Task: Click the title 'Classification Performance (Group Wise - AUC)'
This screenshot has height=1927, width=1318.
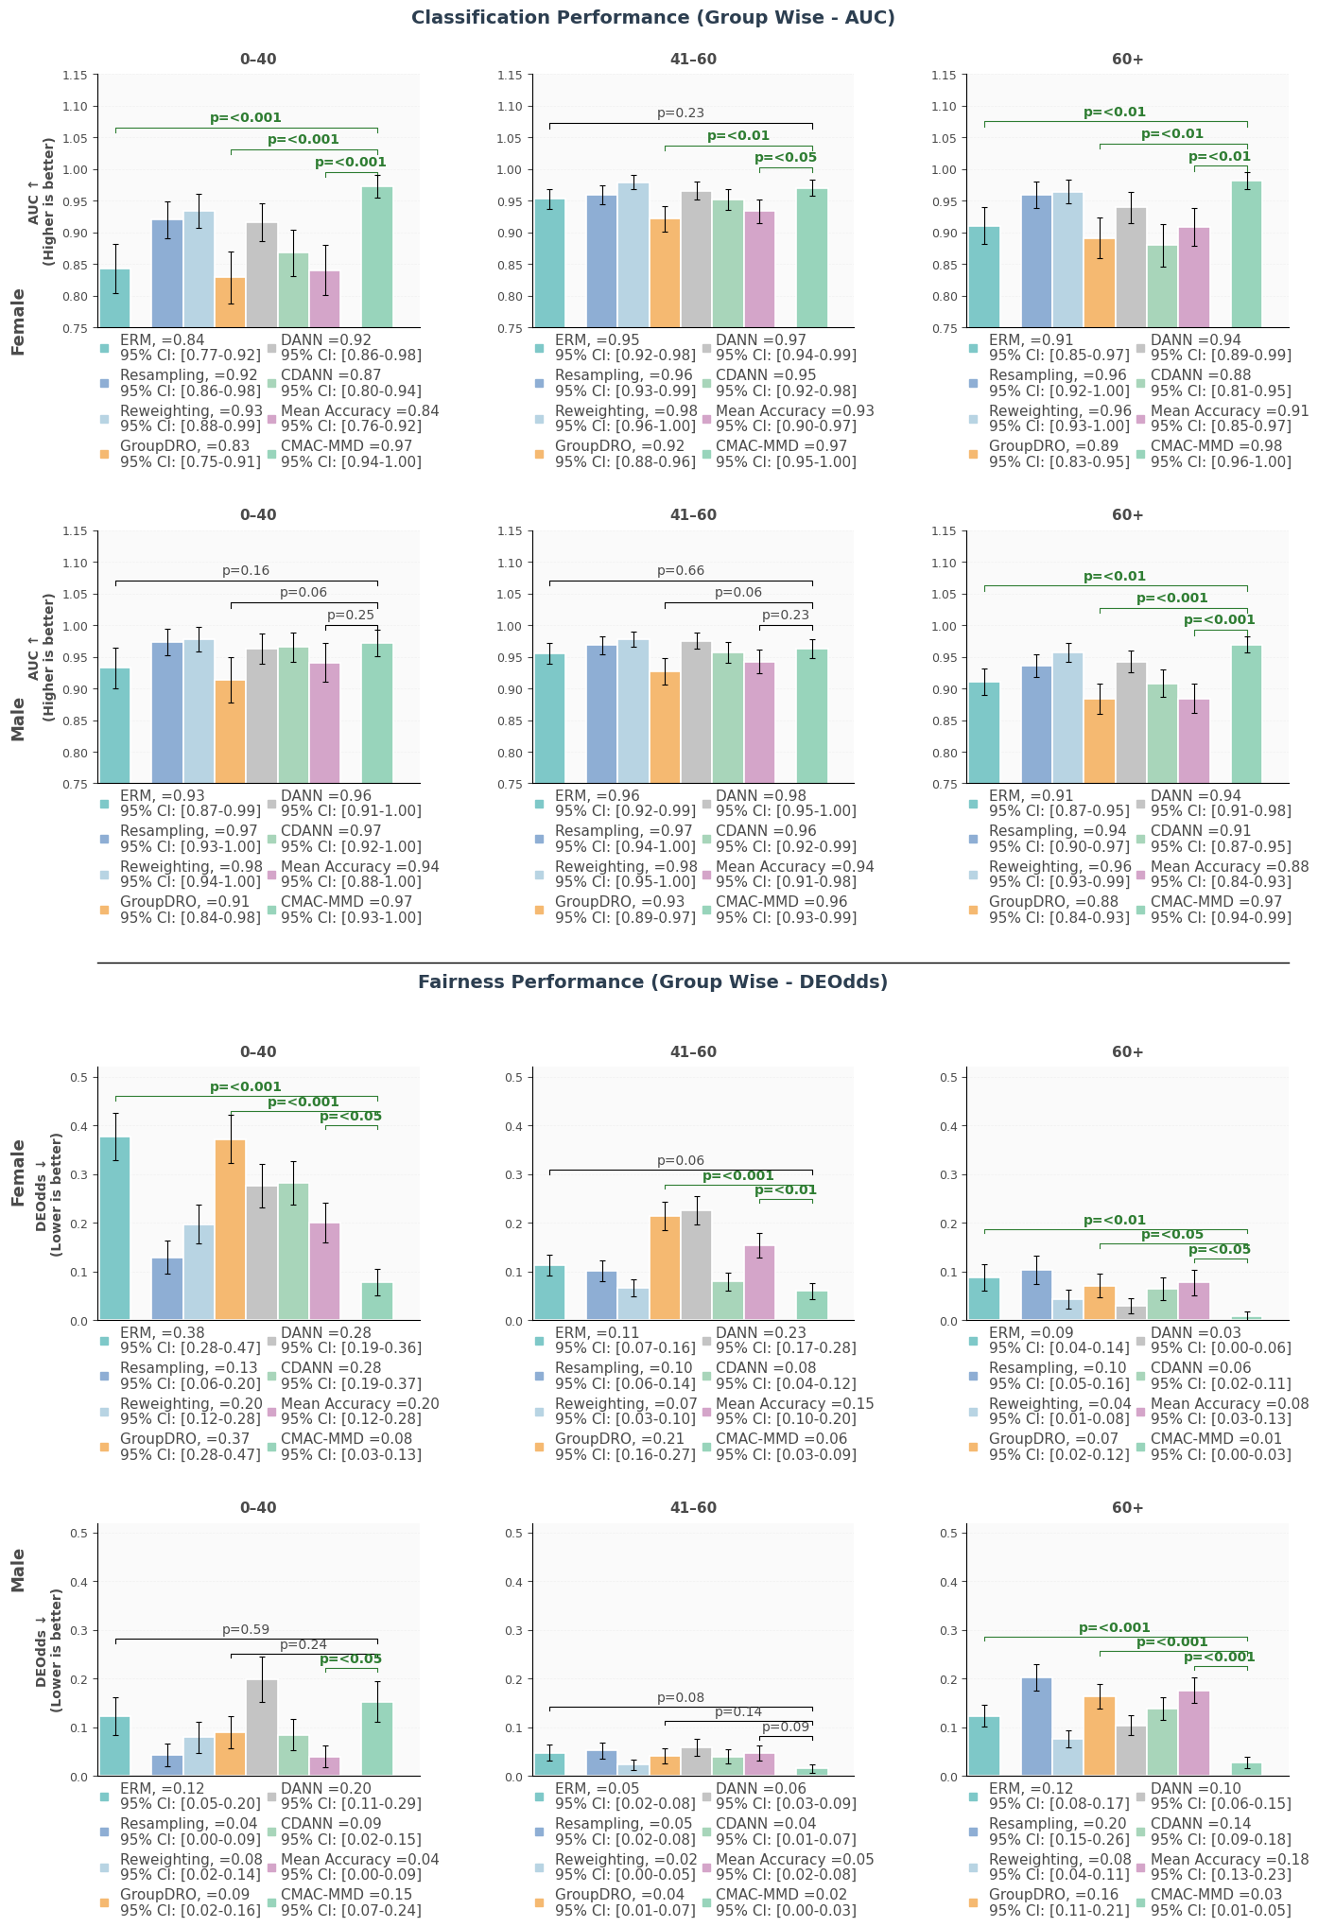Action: pos(652,18)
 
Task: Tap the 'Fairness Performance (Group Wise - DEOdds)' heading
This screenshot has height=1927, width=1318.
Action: pos(652,982)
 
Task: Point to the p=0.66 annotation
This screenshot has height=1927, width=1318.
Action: pos(681,571)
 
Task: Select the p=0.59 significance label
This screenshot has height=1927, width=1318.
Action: pos(246,1629)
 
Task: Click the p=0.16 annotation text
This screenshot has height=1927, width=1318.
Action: pos(246,571)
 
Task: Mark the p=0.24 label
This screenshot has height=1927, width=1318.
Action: pos(303,1644)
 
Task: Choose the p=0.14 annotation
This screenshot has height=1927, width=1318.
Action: pos(738,1711)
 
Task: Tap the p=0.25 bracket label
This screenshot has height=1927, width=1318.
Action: pos(351,616)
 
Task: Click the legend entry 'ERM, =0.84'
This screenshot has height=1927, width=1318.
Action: pos(162,339)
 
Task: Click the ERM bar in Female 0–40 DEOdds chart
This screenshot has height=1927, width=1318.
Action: pos(115,1228)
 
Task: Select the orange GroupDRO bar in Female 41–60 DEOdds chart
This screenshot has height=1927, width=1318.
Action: pos(665,1268)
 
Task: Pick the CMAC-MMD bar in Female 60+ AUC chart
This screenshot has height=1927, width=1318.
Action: pos(1246,254)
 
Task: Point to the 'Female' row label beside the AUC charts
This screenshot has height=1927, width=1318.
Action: pos(18,321)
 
